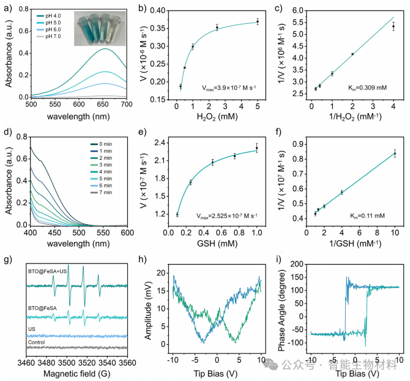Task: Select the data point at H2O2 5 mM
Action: pyautogui.click(x=258, y=21)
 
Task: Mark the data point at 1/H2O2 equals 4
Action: pyautogui.click(x=393, y=26)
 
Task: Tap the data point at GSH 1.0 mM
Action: pyautogui.click(x=258, y=148)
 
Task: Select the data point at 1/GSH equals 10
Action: pyautogui.click(x=395, y=154)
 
